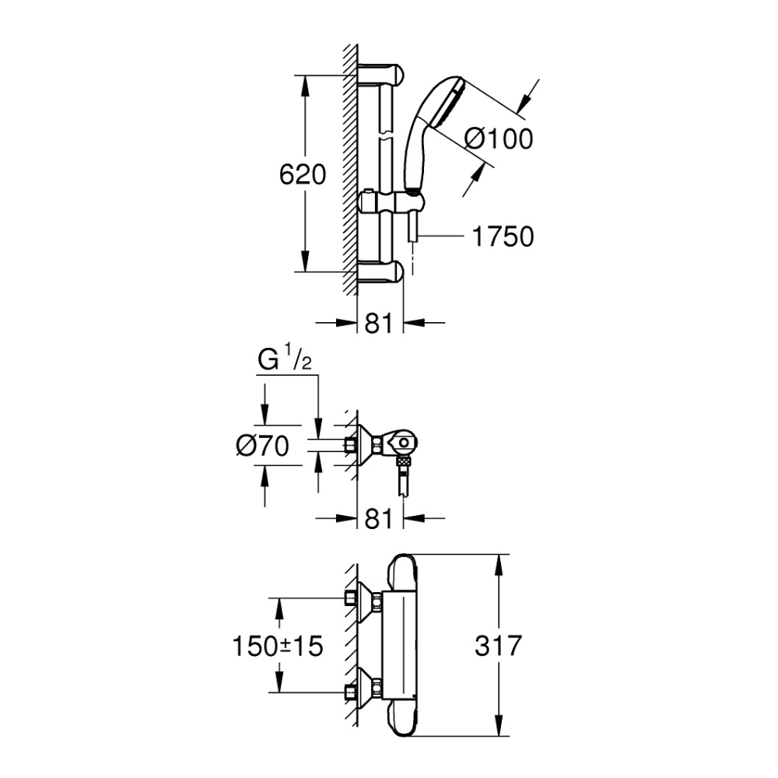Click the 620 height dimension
click(x=302, y=174)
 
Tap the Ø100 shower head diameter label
click(x=499, y=138)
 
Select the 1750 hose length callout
click(x=503, y=237)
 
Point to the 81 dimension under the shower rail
click(x=379, y=324)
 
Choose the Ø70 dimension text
click(x=262, y=446)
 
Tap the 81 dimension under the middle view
click(x=379, y=519)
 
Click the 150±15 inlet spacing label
click(x=278, y=646)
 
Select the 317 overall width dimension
click(x=498, y=646)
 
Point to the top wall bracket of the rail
click(x=381, y=73)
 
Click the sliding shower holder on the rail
click(x=392, y=203)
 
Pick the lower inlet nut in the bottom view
click(x=350, y=692)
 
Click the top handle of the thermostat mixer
click(x=404, y=569)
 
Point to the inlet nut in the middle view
click(x=350, y=445)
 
